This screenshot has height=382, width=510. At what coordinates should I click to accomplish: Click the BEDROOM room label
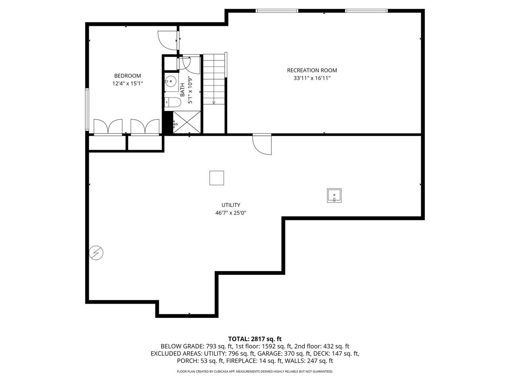click(x=127, y=76)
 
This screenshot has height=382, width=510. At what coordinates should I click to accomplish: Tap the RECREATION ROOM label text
click(x=312, y=70)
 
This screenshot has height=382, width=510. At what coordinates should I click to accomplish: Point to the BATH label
click(x=182, y=90)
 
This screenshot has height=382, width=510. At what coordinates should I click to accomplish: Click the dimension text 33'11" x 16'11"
click(x=312, y=78)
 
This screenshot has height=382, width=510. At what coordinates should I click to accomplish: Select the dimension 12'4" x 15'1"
click(x=127, y=84)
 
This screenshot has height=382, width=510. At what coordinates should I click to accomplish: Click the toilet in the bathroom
click(x=173, y=102)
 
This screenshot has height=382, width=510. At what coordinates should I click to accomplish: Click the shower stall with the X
click(x=188, y=122)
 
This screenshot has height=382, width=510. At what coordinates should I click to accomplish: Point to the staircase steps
click(x=214, y=80)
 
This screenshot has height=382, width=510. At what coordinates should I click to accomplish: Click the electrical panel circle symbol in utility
click(x=96, y=253)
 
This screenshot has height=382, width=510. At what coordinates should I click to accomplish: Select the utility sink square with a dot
click(x=334, y=195)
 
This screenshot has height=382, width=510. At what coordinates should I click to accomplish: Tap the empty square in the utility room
click(x=216, y=178)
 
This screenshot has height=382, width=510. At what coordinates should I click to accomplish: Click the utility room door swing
click(x=262, y=144)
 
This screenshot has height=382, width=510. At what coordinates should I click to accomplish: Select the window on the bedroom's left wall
click(x=86, y=109)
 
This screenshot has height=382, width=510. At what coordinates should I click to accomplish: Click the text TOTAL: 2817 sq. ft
click(x=255, y=339)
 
